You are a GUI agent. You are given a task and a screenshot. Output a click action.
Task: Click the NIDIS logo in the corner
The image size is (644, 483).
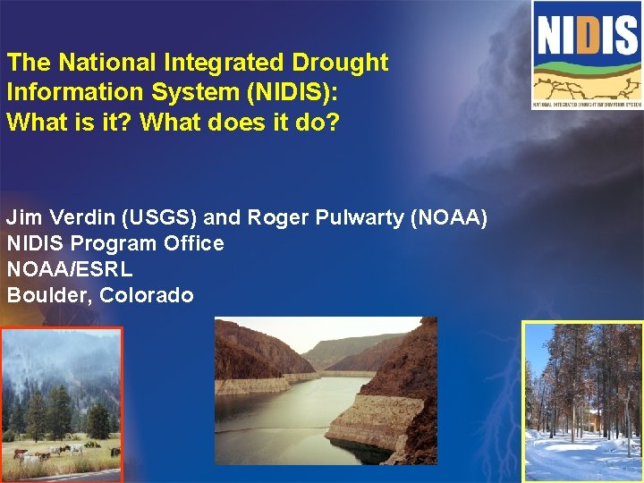point(586,55)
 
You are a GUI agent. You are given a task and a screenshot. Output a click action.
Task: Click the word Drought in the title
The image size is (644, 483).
point(340,63)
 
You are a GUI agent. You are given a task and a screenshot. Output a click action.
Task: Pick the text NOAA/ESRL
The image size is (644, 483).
point(70,269)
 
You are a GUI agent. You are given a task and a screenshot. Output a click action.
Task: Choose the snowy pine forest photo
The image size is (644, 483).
point(582,402)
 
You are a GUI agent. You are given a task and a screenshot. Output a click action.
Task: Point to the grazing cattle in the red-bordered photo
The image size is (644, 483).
point(45,451)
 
